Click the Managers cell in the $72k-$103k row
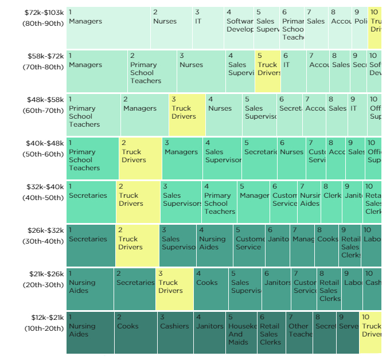coord(108,28)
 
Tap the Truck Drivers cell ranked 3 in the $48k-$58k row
coord(187,115)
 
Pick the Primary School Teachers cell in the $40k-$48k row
coord(92,158)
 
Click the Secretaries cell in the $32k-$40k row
coord(91,202)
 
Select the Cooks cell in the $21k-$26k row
coord(210,289)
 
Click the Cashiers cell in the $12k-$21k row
coord(175,332)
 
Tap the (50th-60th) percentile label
coord(44,154)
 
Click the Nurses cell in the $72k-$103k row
coord(171,28)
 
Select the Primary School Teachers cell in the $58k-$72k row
coord(151,72)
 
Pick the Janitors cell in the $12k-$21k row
coord(209,332)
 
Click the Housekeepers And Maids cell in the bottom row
coord(241,332)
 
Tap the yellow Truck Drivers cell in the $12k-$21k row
coord(370,332)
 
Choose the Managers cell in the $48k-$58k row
coord(144,115)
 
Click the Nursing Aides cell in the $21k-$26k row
coord(89,289)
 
